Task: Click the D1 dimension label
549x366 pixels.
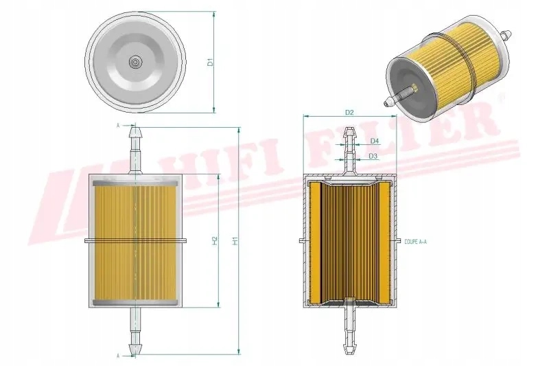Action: (x=212, y=62)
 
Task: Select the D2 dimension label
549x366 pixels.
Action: (x=349, y=112)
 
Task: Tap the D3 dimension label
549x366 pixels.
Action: (x=373, y=157)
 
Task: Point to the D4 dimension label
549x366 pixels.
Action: (x=374, y=141)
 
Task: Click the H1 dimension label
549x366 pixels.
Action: (x=235, y=241)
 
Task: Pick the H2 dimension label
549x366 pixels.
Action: (x=215, y=241)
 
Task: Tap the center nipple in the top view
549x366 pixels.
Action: (x=135, y=62)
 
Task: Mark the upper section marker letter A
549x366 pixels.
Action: (x=118, y=126)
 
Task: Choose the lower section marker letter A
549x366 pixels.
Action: (x=118, y=356)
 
